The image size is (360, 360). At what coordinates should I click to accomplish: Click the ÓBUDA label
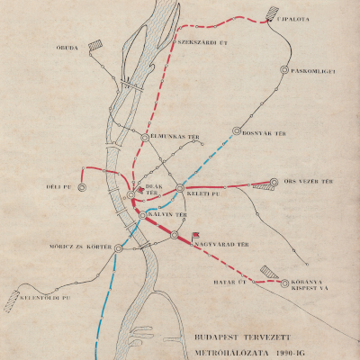point(67,48)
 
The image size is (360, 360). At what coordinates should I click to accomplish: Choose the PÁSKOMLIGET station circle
point(284,68)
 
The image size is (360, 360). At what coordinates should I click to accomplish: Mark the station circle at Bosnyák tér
point(237,130)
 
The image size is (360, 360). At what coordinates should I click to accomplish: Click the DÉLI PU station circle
point(82,187)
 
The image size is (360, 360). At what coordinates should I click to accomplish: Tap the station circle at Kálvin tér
point(142,215)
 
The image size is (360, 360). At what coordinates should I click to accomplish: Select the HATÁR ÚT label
point(230,279)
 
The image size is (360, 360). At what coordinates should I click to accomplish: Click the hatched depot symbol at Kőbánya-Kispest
point(268,272)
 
